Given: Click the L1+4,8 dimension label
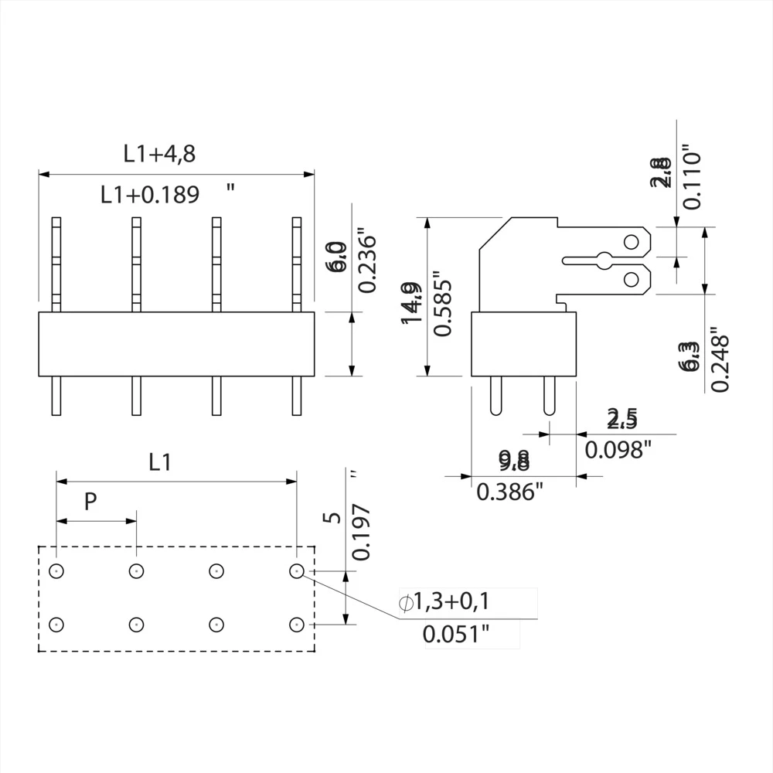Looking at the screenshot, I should [159, 154].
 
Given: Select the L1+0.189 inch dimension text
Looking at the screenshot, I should [151, 195].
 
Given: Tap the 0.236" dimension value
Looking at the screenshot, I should [366, 261].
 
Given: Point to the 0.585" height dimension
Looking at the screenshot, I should [441, 303].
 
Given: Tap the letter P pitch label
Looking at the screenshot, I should [90, 502].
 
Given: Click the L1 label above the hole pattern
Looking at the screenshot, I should [159, 462].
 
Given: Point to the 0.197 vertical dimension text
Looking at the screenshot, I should [361, 532].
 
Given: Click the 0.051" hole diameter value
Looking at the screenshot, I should [456, 635].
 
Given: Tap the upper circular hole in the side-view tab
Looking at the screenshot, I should [632, 243].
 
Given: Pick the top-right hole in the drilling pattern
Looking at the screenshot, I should [296, 571].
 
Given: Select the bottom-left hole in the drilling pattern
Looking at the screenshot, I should [56, 624].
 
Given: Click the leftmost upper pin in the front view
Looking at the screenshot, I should [56, 264].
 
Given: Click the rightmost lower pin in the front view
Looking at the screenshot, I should [296, 396].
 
